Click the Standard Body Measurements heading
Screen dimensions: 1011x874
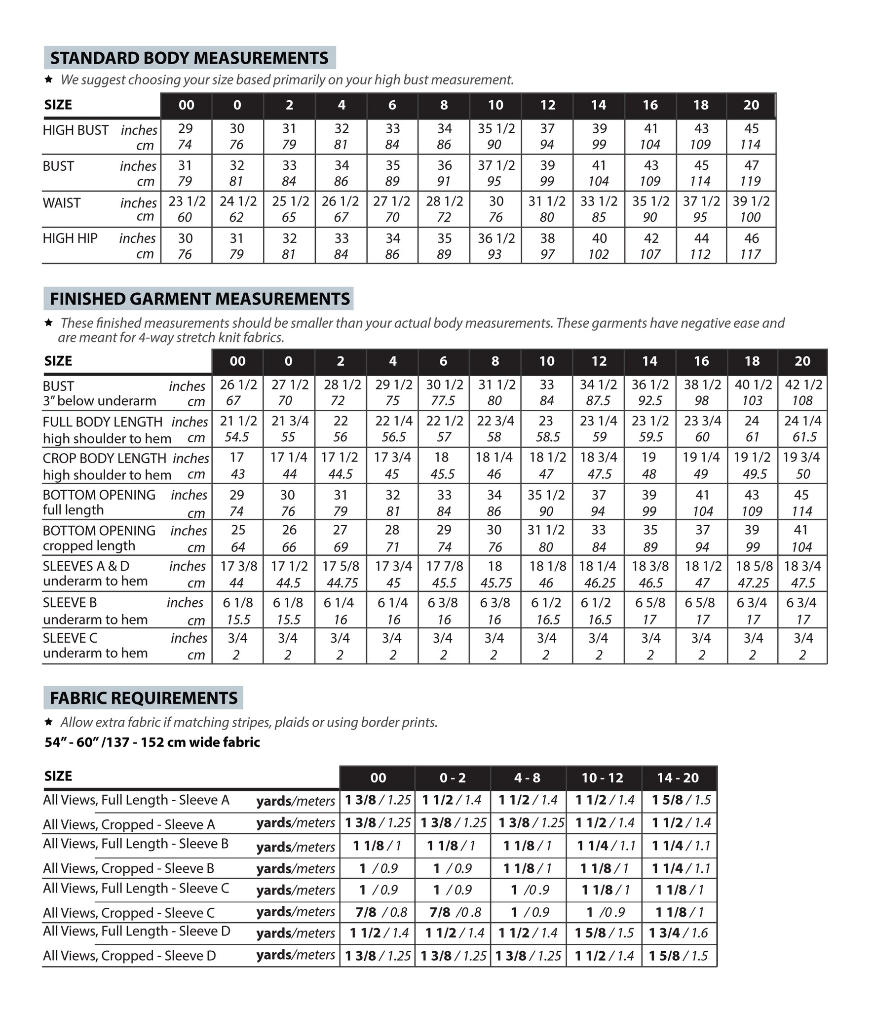(190, 58)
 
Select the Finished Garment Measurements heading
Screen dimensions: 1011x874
(199, 299)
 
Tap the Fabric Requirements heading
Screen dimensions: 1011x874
(144, 698)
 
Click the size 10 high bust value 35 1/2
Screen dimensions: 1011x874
(496, 128)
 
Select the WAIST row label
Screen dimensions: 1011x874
(62, 203)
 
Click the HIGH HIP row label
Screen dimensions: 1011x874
(70, 238)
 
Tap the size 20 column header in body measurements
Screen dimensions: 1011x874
(751, 105)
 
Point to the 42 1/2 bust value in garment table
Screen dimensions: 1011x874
(803, 385)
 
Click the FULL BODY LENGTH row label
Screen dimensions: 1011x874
(102, 422)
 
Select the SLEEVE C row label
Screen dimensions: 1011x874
(70, 638)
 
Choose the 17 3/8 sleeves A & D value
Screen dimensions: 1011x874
(238, 566)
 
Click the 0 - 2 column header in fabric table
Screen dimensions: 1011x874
(453, 778)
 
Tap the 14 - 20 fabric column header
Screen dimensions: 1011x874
(678, 778)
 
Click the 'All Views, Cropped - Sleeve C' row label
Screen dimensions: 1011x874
(129, 913)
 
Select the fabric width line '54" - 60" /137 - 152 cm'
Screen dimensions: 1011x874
(152, 742)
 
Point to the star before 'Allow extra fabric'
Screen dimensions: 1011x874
(48, 722)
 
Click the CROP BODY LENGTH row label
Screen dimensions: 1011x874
(104, 459)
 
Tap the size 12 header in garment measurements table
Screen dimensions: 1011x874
(599, 361)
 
